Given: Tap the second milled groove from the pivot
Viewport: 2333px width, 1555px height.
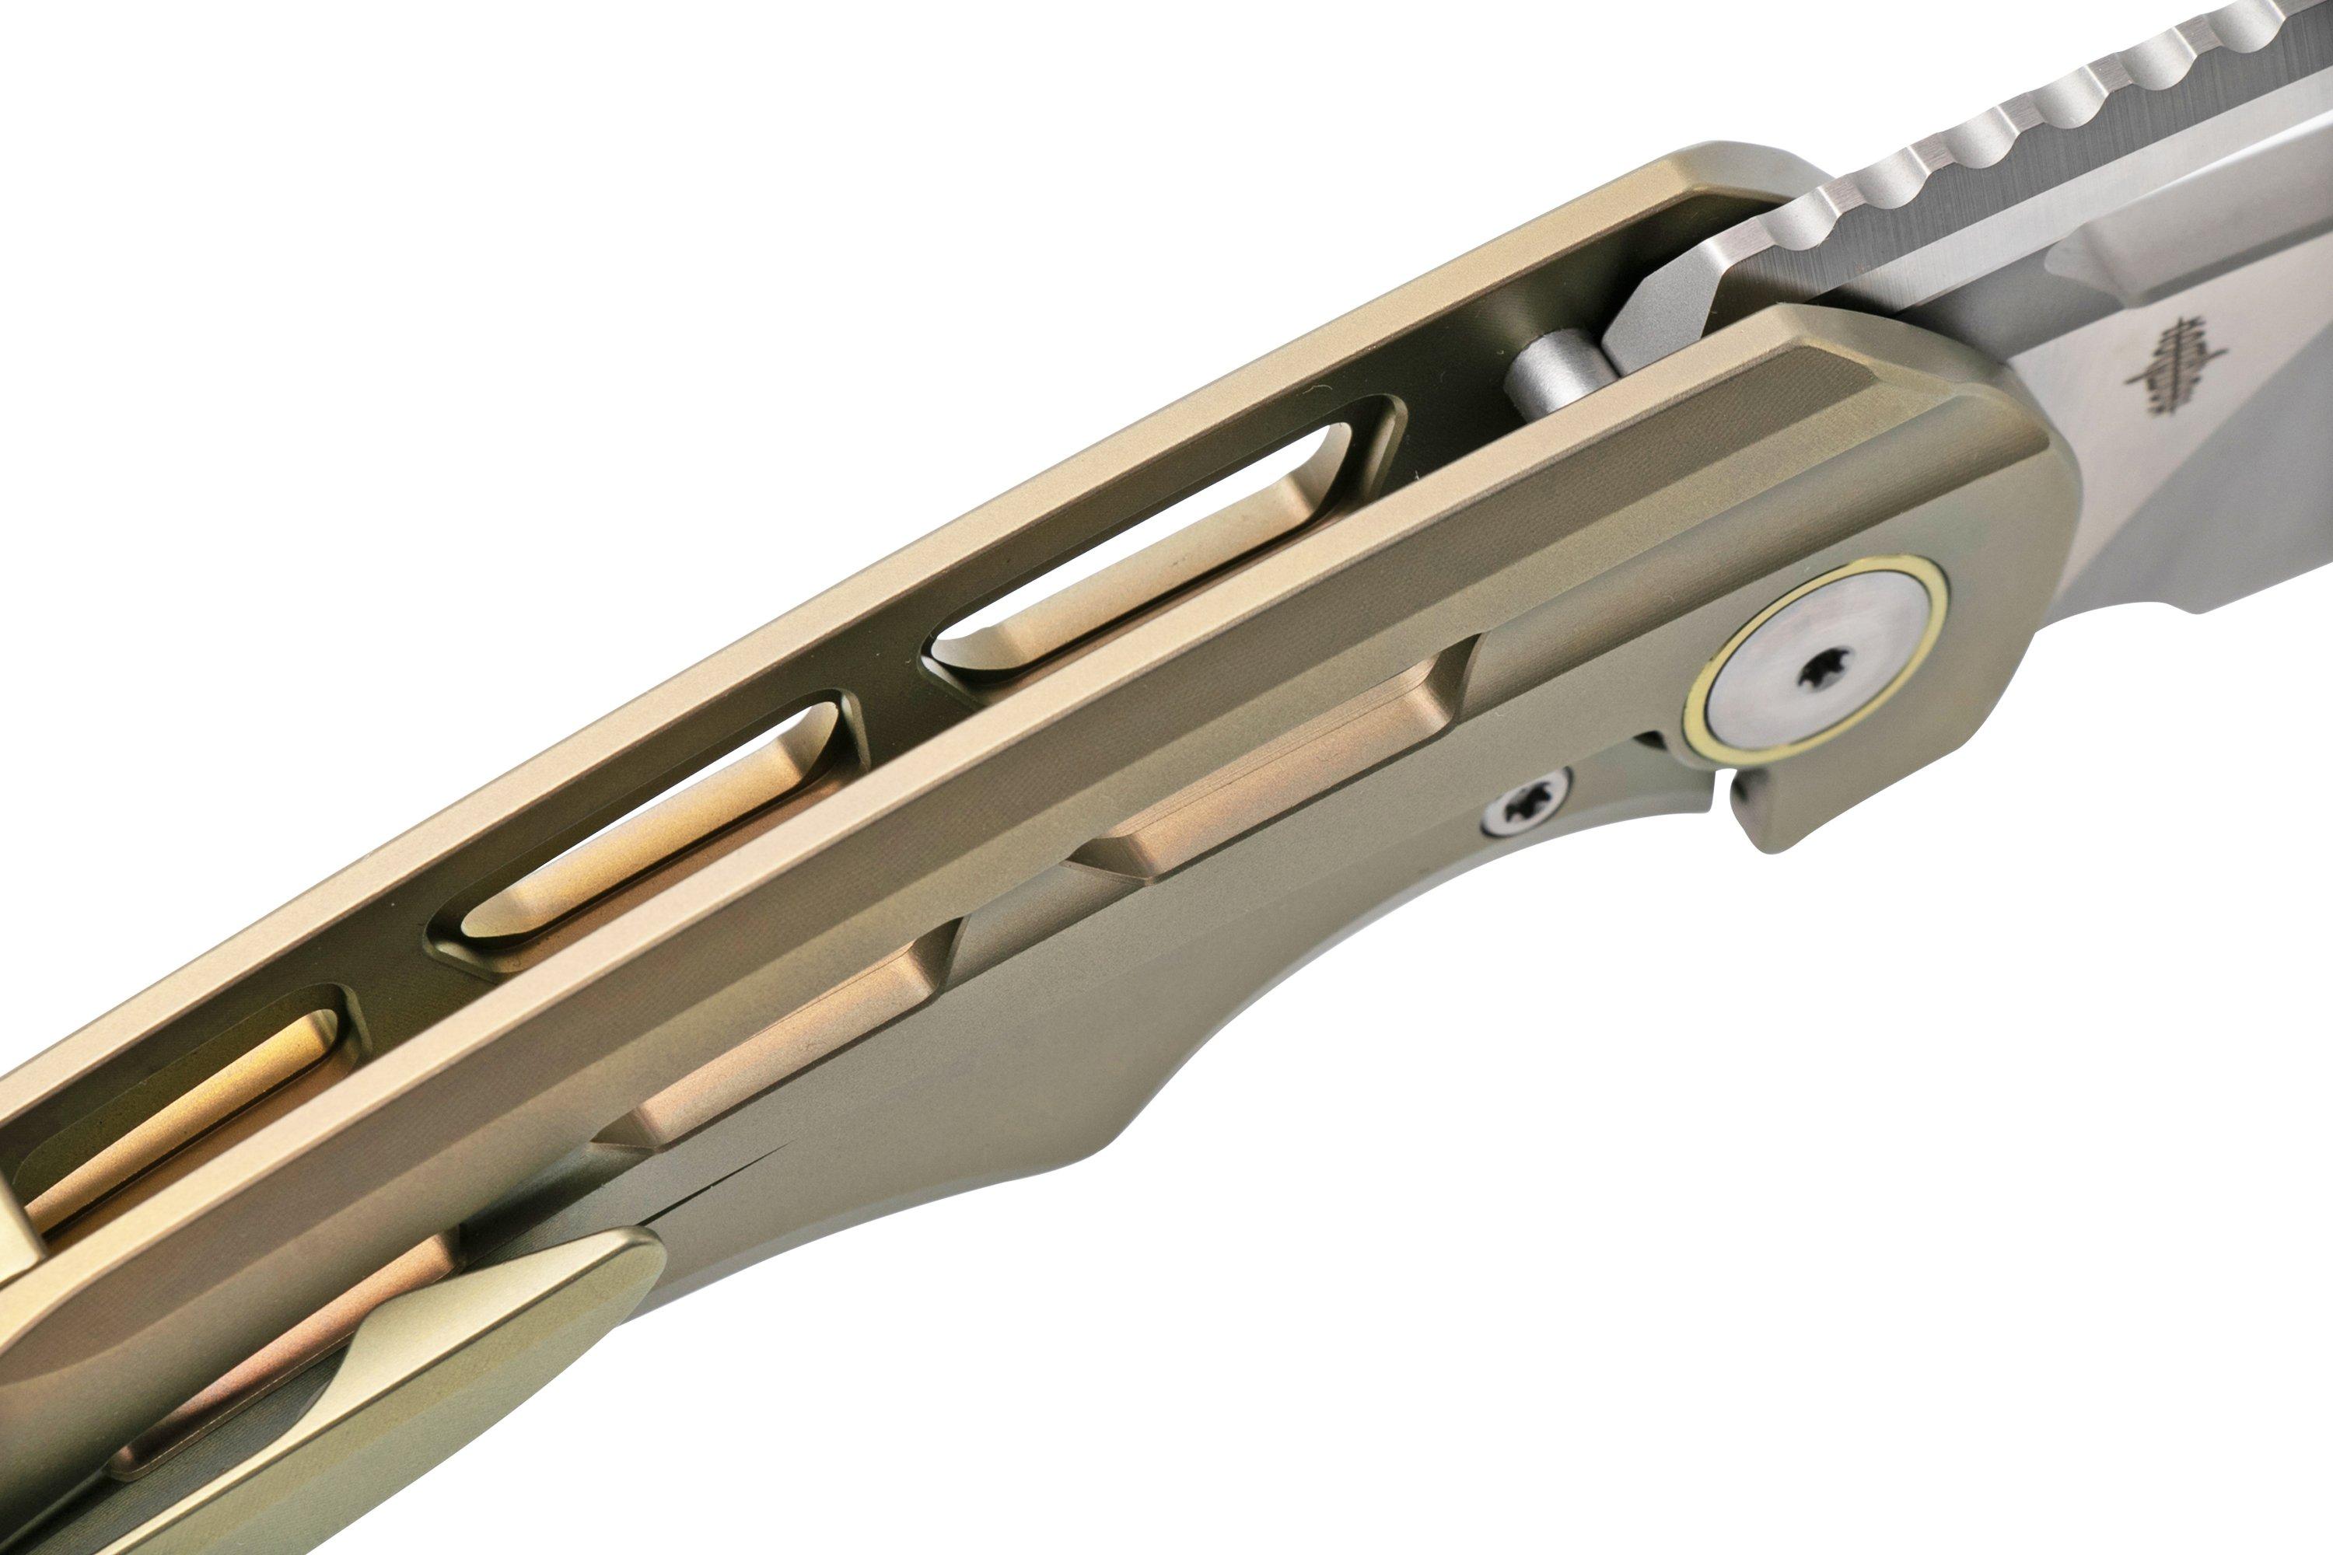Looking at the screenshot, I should (x=784, y=1051).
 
